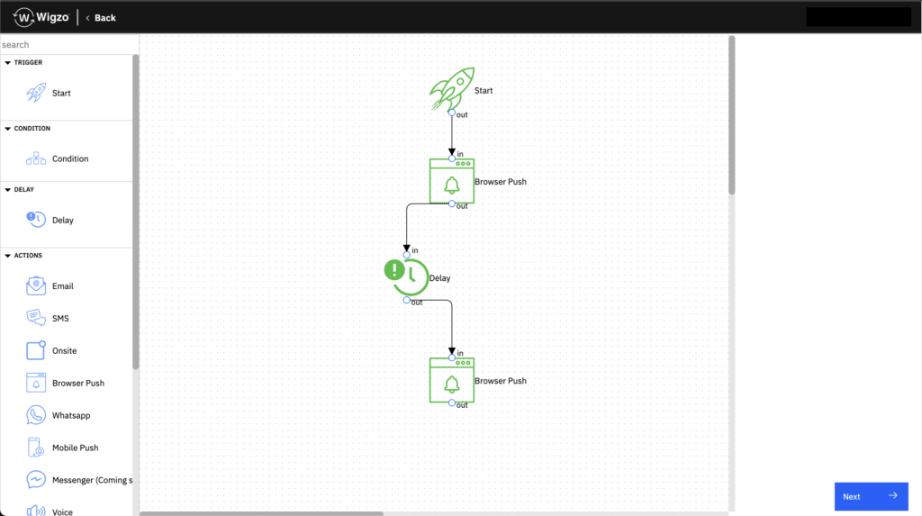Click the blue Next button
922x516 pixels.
click(x=871, y=496)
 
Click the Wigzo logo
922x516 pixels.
click(x=41, y=18)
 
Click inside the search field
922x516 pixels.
click(x=68, y=45)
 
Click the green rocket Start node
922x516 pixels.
click(x=452, y=89)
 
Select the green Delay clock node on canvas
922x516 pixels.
click(x=406, y=276)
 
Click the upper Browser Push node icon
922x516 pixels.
click(x=452, y=181)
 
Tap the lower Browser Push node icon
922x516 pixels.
click(x=452, y=380)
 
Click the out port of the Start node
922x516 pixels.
click(x=452, y=113)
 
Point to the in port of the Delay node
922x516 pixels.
click(x=406, y=254)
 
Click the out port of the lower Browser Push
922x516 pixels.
click(x=452, y=403)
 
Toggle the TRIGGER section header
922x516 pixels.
click(x=23, y=62)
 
